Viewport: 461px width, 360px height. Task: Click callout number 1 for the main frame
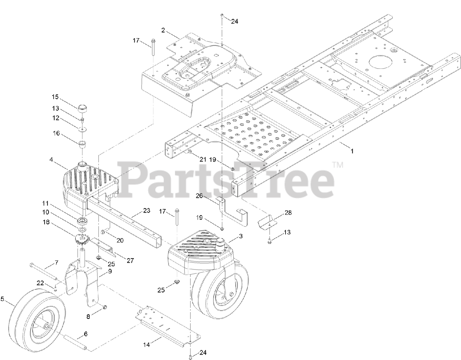point(352,151)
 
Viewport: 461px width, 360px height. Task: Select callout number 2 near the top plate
point(163,30)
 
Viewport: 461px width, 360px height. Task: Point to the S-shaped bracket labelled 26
point(234,216)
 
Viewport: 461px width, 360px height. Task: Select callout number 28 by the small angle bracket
point(288,213)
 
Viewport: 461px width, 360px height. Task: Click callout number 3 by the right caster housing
point(241,236)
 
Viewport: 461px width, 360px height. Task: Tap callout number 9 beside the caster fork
point(109,271)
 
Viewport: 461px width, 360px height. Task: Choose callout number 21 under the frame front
point(203,159)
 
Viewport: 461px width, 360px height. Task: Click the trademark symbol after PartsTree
point(337,165)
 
